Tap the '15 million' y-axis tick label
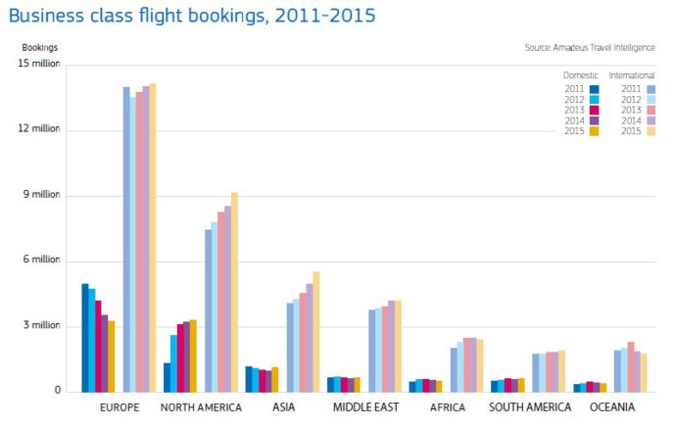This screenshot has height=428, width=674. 39,64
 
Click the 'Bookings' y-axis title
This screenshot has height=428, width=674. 40,47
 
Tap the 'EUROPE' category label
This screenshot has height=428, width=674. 120,407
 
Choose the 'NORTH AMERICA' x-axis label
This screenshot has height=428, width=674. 202,407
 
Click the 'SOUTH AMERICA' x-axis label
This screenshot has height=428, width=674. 530,407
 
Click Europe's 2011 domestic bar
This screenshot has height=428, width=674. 85,337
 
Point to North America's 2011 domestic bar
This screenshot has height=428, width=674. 168,377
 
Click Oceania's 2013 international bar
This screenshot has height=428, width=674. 631,366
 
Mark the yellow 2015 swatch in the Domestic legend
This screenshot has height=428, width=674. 594,130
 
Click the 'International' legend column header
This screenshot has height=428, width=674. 632,75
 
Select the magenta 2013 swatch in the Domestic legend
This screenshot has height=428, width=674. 594,110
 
